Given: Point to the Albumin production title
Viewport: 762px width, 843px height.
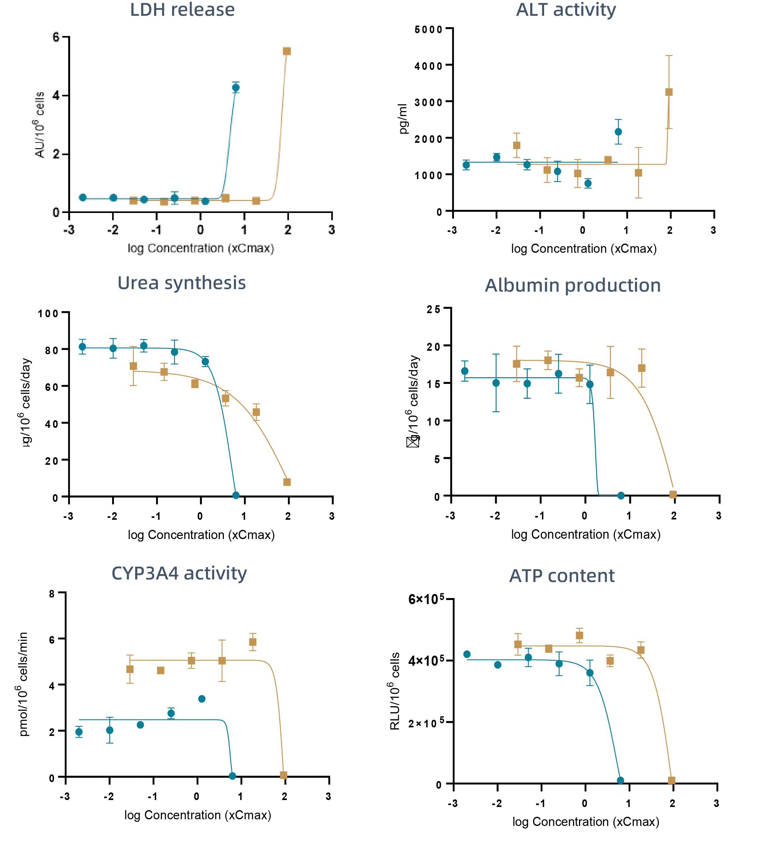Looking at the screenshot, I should [x=572, y=286].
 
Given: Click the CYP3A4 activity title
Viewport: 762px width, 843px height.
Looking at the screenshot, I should [x=179, y=573].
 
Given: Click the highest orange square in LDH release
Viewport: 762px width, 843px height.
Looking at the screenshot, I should [x=287, y=51].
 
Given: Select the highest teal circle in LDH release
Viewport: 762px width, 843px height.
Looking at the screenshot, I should [x=236, y=88].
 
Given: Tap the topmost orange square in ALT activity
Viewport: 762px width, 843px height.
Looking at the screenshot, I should [x=669, y=92].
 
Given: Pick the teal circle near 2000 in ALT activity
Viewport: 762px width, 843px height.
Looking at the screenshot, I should [x=618, y=132].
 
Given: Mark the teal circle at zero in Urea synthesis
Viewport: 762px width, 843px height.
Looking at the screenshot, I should [x=236, y=495].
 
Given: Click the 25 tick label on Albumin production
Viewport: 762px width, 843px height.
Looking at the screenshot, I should [x=434, y=309].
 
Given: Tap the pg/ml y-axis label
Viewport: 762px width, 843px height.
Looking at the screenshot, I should [x=403, y=119].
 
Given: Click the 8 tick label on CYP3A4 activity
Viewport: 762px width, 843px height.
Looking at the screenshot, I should [x=52, y=594].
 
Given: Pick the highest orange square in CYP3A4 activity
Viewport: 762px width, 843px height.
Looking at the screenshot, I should [x=252, y=642].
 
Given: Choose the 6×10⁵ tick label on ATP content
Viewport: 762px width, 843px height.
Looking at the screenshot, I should [x=426, y=599].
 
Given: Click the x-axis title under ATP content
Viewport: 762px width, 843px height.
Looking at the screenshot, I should [x=585, y=822].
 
